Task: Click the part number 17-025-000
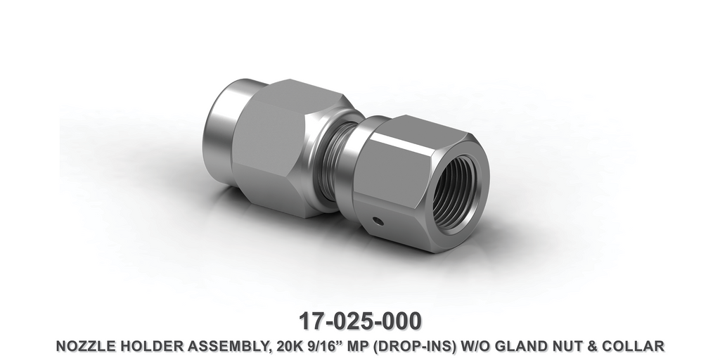tap(360, 321)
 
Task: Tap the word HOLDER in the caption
tap(147, 346)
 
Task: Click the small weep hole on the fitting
tap(378, 222)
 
